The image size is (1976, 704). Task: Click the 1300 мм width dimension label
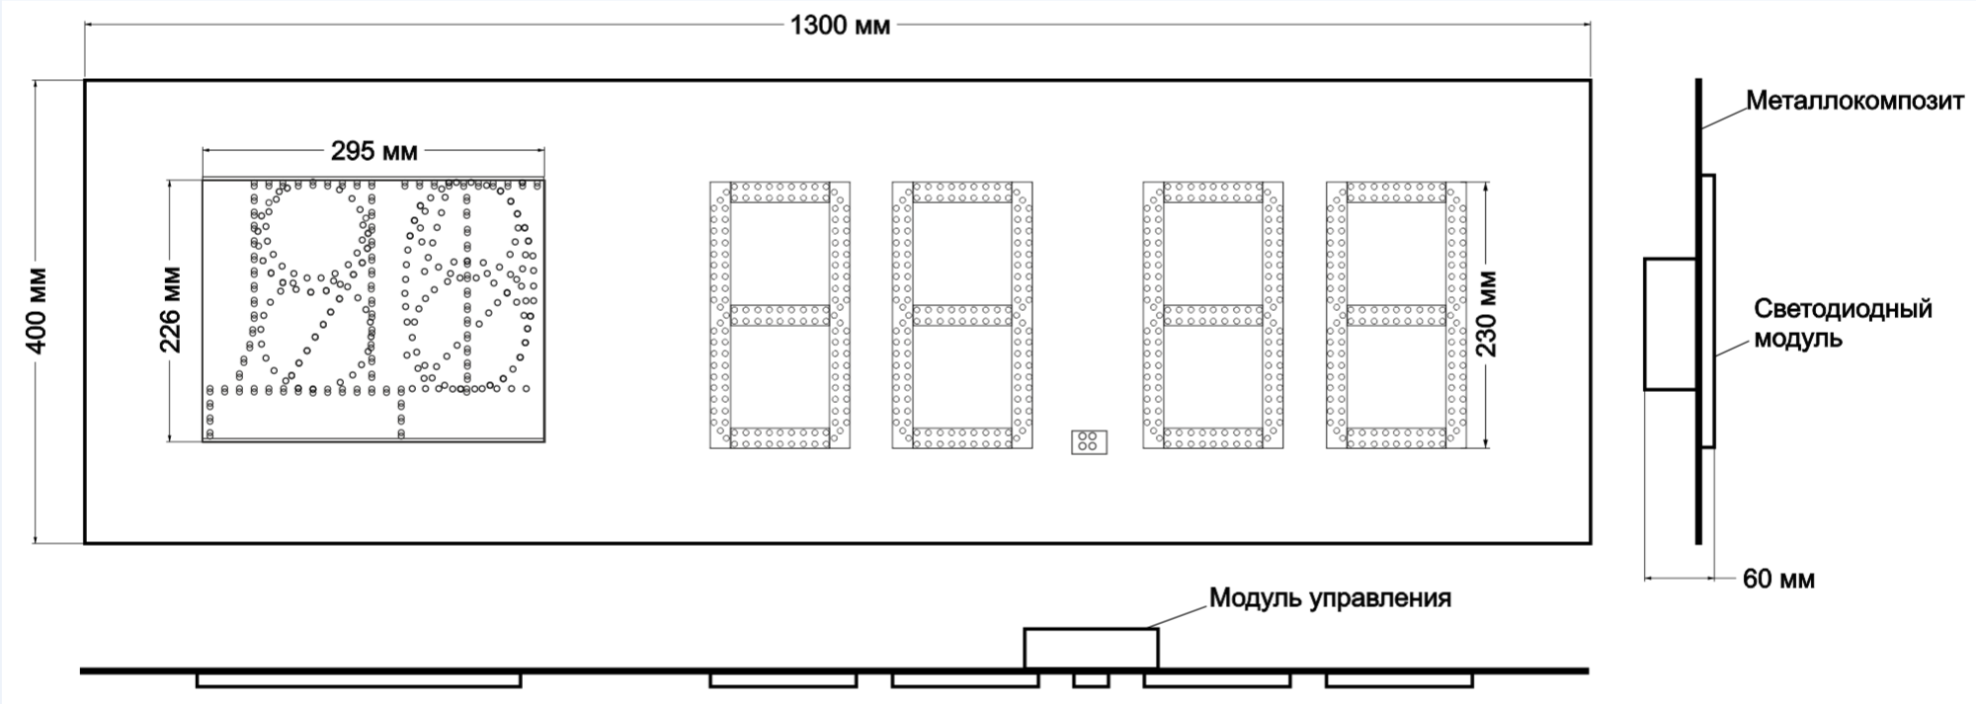click(839, 26)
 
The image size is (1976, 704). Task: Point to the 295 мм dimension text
click(373, 151)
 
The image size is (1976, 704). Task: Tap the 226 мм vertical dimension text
click(171, 310)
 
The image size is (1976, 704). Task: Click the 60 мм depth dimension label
click(1778, 580)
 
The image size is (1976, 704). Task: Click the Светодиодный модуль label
click(1843, 324)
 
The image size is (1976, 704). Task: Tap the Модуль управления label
click(1330, 597)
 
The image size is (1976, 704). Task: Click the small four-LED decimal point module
click(1089, 442)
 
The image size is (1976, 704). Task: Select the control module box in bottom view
click(1091, 648)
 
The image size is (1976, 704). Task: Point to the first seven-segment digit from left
click(781, 315)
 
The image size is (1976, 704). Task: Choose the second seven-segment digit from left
click(962, 315)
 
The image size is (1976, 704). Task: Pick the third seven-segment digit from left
click(1213, 315)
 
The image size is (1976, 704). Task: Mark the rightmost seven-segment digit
click(1396, 315)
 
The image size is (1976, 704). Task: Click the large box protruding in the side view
click(1671, 324)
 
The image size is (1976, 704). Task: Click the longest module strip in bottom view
click(359, 680)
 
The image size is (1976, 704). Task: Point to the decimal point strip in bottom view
click(1091, 680)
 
